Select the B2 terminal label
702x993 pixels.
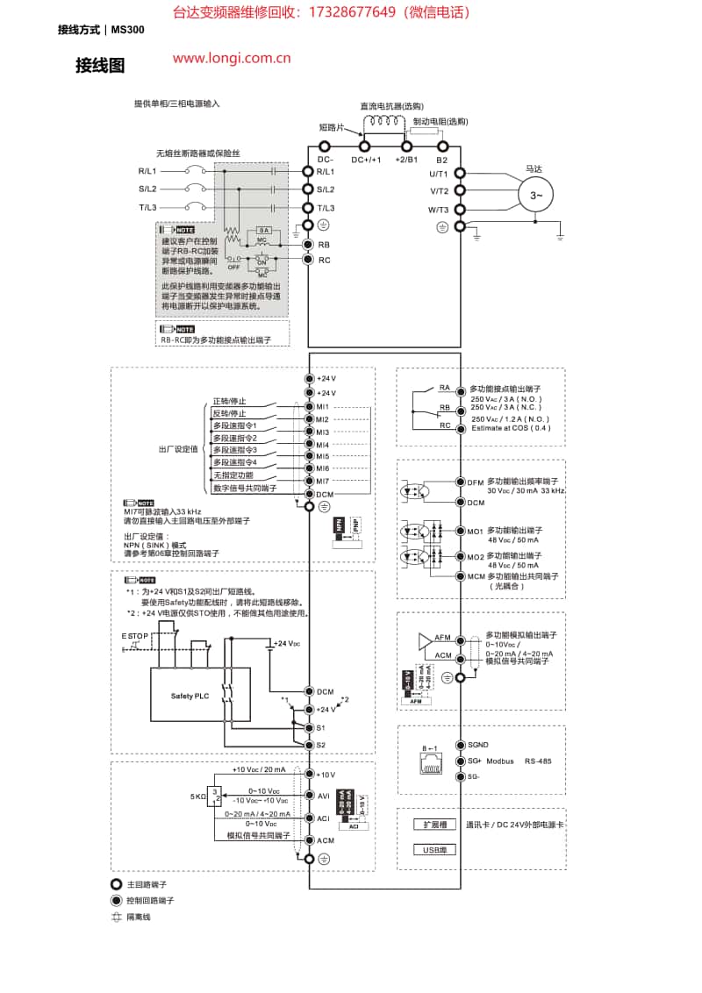(442, 160)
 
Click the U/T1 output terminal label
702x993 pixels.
(439, 174)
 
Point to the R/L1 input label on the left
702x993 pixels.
(147, 172)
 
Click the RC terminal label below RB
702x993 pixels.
(324, 260)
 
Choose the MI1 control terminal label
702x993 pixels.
(322, 407)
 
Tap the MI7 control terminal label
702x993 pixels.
(322, 482)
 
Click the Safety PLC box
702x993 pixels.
(190, 696)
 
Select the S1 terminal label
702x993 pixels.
(321, 728)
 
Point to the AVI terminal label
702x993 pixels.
(323, 796)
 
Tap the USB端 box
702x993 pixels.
(435, 849)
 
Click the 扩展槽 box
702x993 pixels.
(435, 825)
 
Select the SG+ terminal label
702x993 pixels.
(475, 761)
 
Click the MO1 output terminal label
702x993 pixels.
(475, 531)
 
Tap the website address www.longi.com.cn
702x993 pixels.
(232, 59)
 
